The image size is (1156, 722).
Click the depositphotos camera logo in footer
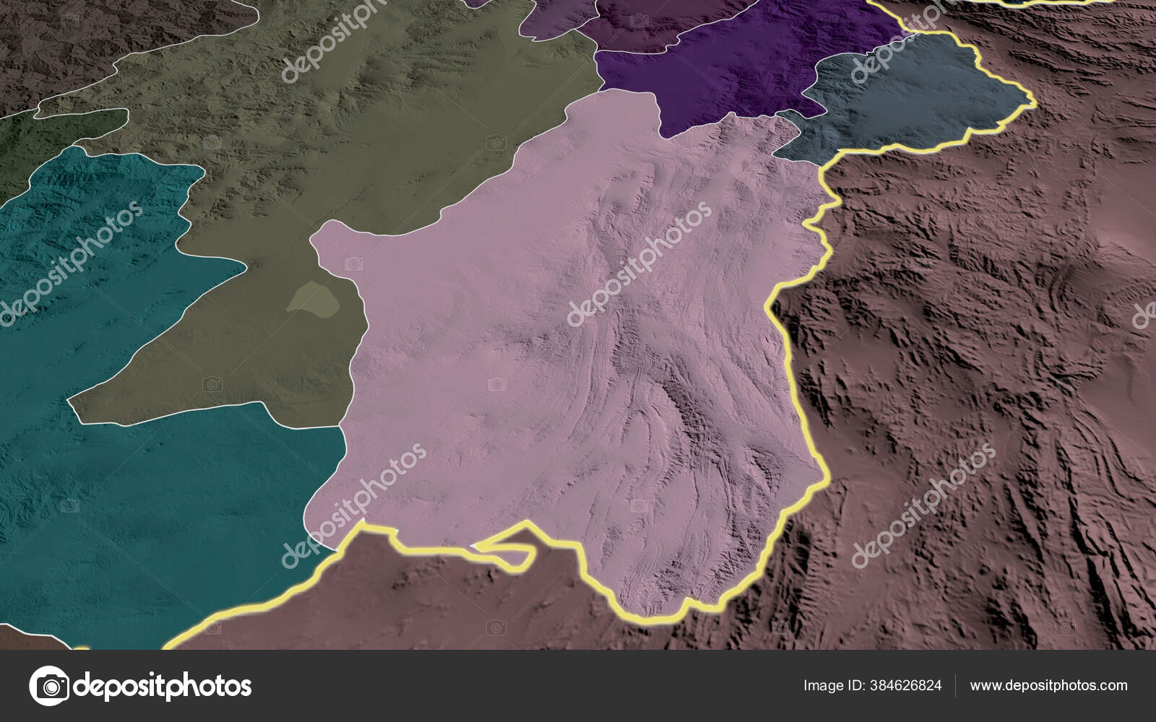point(49,685)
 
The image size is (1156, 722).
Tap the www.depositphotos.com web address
point(1048,686)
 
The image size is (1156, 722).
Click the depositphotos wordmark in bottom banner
point(163,685)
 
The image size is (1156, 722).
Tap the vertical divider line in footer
point(956,686)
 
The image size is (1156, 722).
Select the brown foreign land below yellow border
point(433,606)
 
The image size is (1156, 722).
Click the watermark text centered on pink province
point(639,264)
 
